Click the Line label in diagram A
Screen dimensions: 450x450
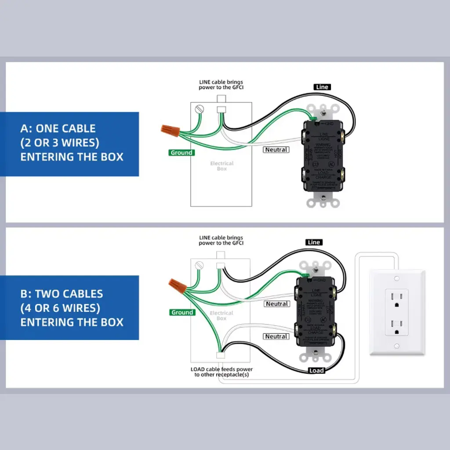click(322, 87)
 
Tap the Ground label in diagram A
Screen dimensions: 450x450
click(181, 153)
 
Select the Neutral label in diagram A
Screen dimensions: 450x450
click(276, 150)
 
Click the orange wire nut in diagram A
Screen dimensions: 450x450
click(170, 130)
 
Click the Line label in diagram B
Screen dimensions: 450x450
click(314, 242)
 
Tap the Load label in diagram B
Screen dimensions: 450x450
click(316, 370)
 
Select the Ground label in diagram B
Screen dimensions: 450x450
click(182, 312)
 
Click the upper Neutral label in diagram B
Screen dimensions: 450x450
click(277, 304)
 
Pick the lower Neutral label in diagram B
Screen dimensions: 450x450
click(276, 336)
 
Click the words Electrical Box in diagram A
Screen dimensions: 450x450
click(221, 166)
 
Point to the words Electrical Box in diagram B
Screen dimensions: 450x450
click(221, 316)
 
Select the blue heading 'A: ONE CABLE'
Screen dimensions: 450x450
click(58, 129)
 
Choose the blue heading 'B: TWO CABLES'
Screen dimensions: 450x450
click(62, 294)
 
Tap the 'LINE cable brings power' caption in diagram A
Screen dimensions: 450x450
click(221, 84)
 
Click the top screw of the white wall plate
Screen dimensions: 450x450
click(397, 279)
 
